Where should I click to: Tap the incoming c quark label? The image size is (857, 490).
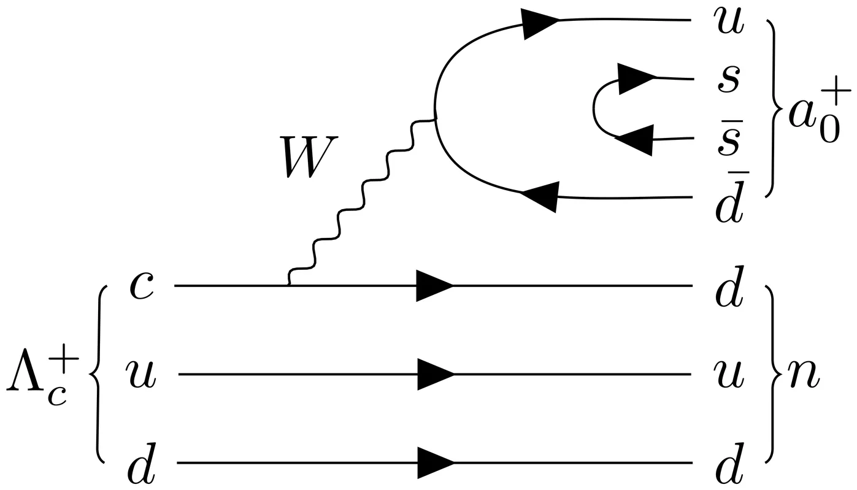click(142, 286)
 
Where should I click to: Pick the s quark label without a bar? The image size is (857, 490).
click(729, 80)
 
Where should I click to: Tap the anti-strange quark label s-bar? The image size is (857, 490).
click(729, 140)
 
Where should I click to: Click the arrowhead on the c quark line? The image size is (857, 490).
click(434, 286)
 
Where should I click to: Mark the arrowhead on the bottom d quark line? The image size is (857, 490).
click(434, 463)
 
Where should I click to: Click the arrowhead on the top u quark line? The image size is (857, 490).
click(540, 23)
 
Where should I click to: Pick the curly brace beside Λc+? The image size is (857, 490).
click(98, 375)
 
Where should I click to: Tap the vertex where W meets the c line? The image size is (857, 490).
click(289, 285)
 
